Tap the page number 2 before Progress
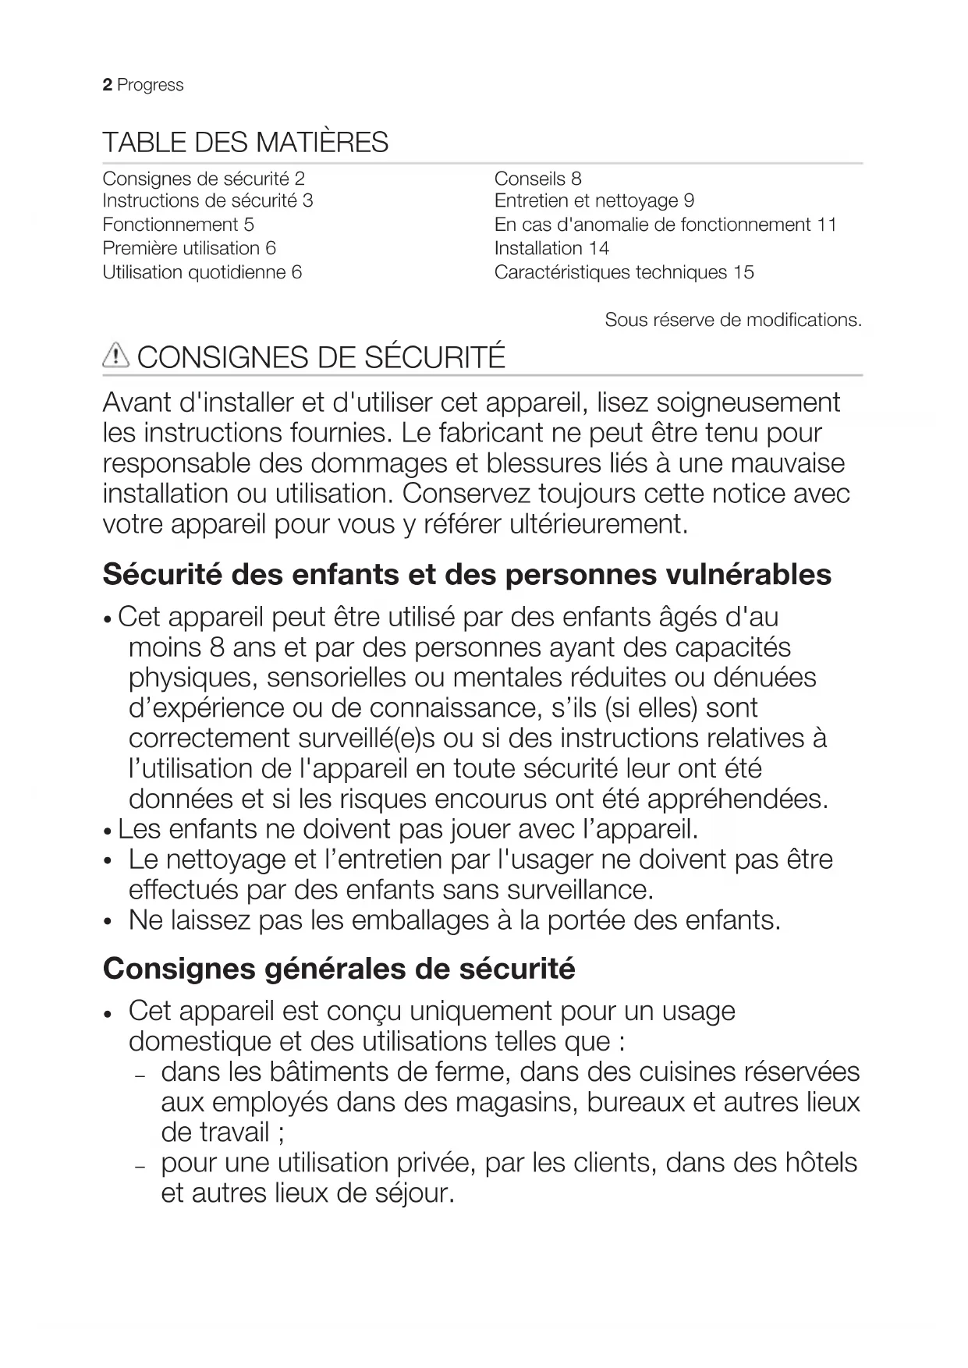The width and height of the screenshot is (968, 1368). pyautogui.click(x=107, y=85)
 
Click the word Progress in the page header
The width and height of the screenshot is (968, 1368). pyautogui.click(x=151, y=85)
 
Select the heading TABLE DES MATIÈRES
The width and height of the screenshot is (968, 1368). pyautogui.click(x=245, y=143)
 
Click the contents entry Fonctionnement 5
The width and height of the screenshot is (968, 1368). pyautogui.click(x=178, y=225)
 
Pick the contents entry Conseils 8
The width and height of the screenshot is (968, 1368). pyautogui.click(x=537, y=179)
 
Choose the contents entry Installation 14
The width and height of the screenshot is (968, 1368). pyautogui.click(x=551, y=249)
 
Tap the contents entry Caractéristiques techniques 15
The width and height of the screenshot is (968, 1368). pyautogui.click(x=624, y=272)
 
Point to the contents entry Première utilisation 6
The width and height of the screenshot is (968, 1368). pyautogui.click(x=189, y=249)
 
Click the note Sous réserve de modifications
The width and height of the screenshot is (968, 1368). pyautogui.click(x=733, y=320)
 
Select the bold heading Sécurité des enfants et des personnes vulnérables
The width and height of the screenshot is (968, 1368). pyautogui.click(x=466, y=575)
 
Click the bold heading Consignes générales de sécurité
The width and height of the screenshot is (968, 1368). pyautogui.click(x=339, y=969)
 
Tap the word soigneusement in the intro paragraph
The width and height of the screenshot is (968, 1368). pyautogui.click(x=748, y=402)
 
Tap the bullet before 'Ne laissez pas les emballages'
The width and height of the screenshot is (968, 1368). pyautogui.click(x=108, y=922)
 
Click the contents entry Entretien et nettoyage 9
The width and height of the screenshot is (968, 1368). pyautogui.click(x=594, y=201)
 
